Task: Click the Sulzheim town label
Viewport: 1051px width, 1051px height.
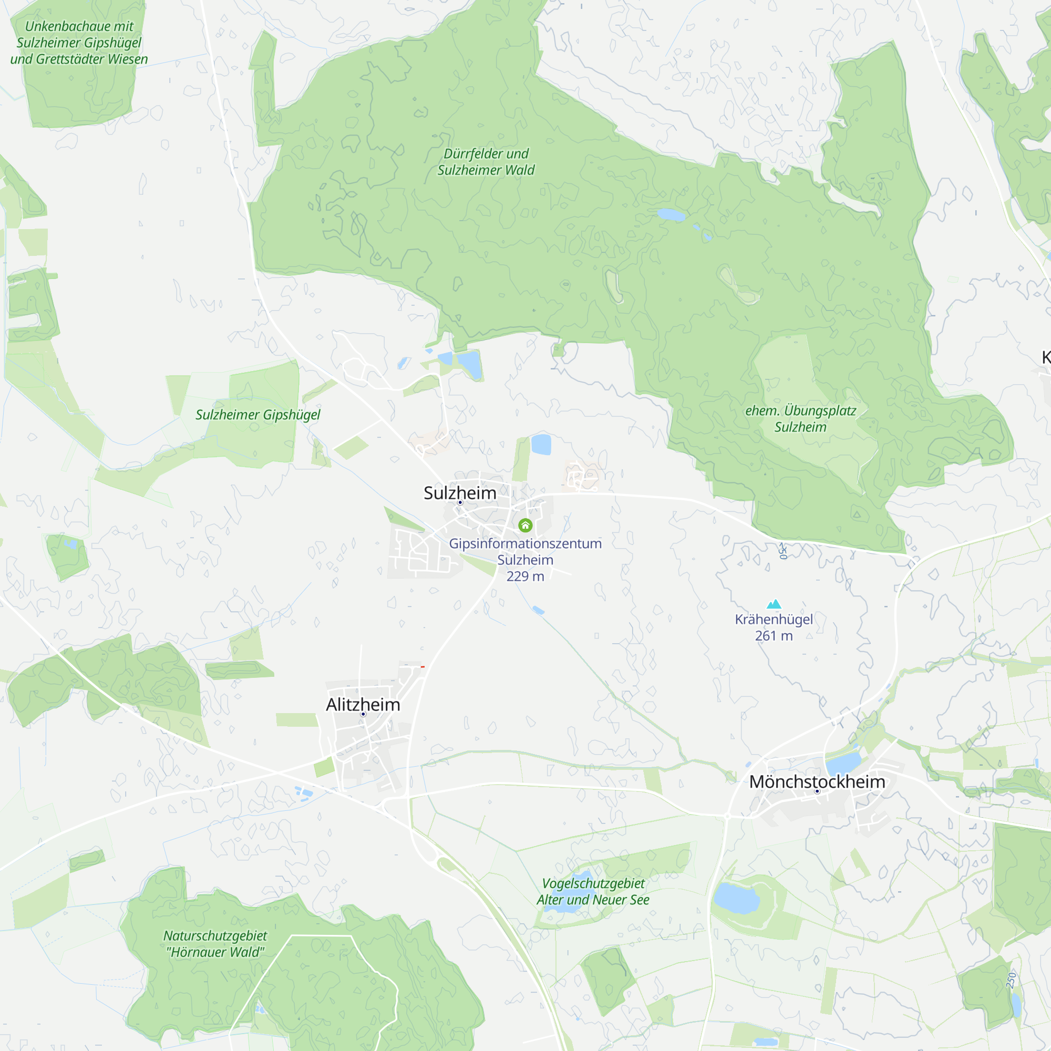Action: [x=460, y=493]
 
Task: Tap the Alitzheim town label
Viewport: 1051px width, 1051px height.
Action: [x=363, y=705]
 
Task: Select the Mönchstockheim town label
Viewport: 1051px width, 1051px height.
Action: [x=817, y=782]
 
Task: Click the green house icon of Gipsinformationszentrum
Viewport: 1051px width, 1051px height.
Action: [x=525, y=525]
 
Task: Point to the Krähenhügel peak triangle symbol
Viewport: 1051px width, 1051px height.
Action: [x=774, y=604]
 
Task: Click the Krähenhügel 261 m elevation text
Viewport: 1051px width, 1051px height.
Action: [x=774, y=635]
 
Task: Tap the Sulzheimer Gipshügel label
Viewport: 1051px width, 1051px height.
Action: [x=258, y=415]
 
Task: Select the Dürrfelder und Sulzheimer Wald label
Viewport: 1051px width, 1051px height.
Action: [x=486, y=161]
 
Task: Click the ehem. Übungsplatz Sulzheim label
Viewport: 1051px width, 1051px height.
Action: [x=800, y=418]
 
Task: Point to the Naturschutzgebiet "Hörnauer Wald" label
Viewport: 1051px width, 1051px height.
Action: [x=215, y=944]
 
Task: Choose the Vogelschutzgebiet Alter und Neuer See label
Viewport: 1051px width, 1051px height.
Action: [x=593, y=892]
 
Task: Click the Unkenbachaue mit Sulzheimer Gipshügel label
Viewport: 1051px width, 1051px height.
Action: [x=79, y=43]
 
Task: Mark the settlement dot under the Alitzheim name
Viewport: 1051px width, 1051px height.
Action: [x=363, y=714]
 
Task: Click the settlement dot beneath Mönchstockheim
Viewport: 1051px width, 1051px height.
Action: [x=817, y=791]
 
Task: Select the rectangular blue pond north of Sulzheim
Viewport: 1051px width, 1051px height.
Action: [x=541, y=445]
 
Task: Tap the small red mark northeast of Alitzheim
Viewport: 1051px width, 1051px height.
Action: [x=423, y=666]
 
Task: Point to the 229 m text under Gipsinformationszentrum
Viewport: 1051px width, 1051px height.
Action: [x=525, y=576]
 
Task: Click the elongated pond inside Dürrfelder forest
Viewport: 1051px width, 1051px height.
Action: [x=671, y=215]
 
